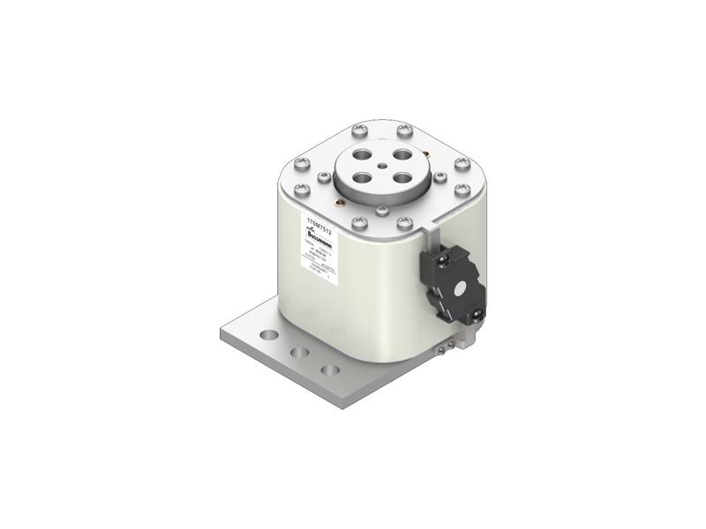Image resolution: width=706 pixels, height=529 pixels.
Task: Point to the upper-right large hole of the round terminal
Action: tap(402, 155)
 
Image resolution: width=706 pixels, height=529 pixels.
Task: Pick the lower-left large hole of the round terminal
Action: tap(360, 175)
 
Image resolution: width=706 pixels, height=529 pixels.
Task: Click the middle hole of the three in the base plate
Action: tap(301, 353)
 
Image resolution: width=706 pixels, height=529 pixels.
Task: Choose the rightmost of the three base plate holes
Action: tap(330, 369)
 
